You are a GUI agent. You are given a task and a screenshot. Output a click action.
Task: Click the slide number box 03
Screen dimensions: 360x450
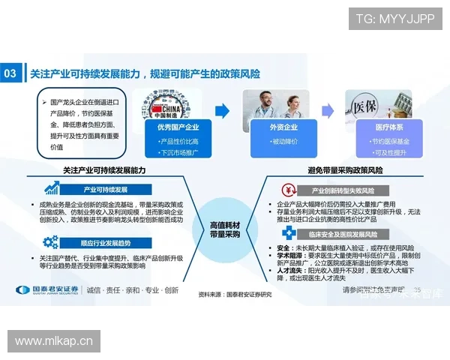point(10,73)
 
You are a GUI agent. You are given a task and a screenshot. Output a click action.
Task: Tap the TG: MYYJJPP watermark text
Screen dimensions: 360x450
point(394,19)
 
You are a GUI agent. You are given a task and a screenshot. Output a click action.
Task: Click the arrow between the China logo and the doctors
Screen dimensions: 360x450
point(223,110)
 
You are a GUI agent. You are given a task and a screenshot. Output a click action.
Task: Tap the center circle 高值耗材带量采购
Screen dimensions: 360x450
point(225,230)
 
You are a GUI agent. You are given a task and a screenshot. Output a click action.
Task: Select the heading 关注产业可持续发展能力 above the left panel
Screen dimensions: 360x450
point(104,170)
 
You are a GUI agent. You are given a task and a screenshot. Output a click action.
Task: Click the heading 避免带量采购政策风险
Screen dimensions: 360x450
point(345,170)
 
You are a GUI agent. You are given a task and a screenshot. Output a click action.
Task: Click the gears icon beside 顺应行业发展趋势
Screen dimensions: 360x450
point(51,242)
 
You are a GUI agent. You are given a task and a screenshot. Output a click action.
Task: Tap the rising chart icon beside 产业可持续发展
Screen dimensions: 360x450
point(52,189)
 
